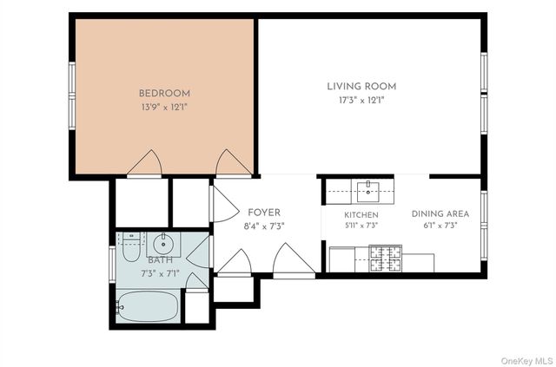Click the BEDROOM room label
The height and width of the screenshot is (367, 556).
point(164,94)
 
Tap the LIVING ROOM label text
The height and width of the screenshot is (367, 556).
point(361,87)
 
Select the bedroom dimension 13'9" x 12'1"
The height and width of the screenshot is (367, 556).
point(164,107)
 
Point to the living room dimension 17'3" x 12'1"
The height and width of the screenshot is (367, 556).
point(361,101)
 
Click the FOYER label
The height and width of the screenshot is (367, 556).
point(264,213)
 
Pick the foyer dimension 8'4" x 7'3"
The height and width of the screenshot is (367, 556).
point(264,226)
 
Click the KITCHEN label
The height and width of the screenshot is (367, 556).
point(361,215)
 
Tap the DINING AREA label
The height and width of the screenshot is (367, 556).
point(440,214)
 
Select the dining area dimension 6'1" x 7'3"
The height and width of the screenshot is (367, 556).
point(440,226)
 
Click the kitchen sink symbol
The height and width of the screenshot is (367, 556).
point(368,191)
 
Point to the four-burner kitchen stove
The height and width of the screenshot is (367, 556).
point(385,259)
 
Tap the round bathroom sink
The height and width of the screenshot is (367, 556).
point(163,244)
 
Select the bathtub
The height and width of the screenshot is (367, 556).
point(147,306)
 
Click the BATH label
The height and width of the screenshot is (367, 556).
point(160,260)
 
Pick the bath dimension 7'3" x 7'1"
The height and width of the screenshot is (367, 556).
point(160,273)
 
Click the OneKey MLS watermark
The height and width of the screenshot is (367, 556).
point(526,361)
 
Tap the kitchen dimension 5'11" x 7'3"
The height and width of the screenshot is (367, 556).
point(361,226)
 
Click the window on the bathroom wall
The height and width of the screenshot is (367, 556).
point(112,264)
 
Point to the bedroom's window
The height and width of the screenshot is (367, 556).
point(72,95)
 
